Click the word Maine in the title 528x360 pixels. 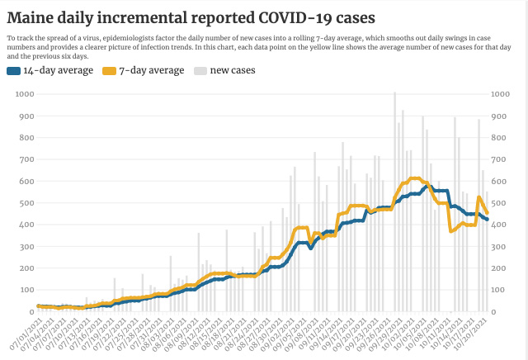34,17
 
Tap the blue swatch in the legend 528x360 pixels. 14,71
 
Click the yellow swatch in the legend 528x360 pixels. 108,71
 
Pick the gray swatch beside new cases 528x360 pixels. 200,71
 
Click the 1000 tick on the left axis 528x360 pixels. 24,94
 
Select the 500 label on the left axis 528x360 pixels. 26,203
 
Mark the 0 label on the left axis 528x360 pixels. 31,312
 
